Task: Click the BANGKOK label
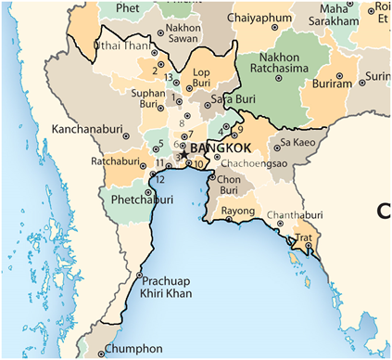point(222,148)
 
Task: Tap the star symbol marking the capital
point(183,153)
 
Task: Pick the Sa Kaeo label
point(297,142)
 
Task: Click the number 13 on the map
point(169,76)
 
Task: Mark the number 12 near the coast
point(159,179)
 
